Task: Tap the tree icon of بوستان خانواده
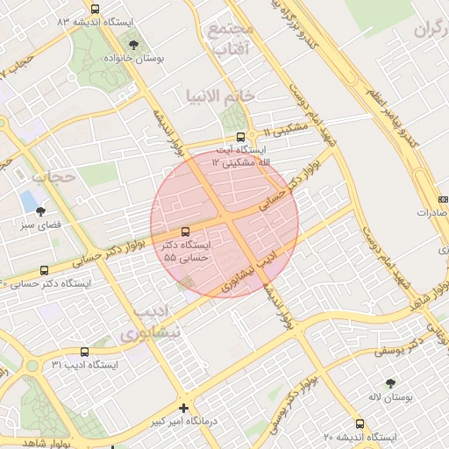click(133, 43)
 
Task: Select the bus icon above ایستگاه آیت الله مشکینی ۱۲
click(241, 137)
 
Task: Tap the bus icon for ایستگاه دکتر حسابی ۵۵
click(184, 232)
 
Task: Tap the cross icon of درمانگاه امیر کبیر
click(183, 407)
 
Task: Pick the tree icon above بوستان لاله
click(390, 383)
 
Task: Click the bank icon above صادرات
click(443, 199)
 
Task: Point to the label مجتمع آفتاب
click(232, 39)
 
